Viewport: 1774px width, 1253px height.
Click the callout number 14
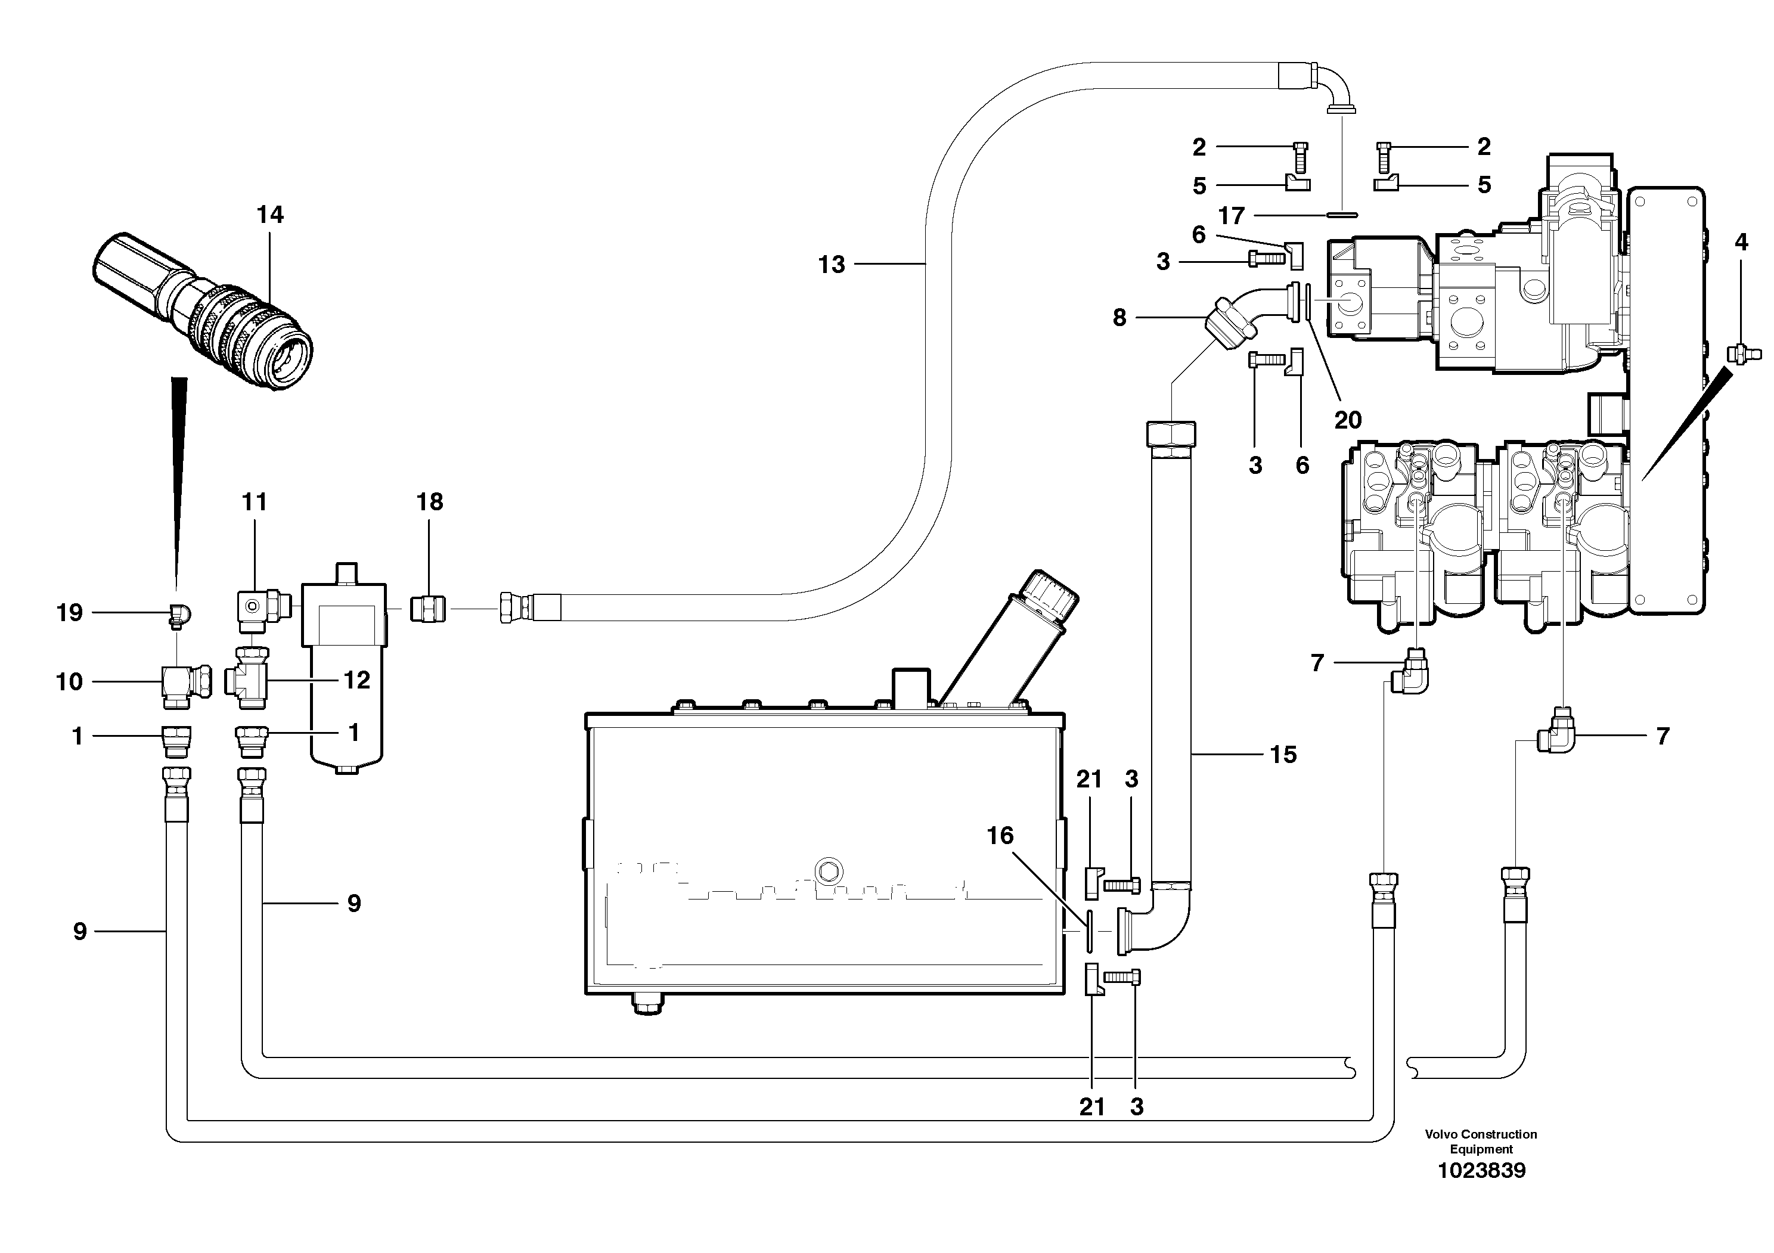tap(269, 215)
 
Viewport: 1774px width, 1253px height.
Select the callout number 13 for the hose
tap(832, 265)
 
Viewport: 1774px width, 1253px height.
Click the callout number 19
tap(70, 613)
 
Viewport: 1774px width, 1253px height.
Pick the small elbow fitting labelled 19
tap(181, 614)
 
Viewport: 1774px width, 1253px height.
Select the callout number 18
tap(430, 502)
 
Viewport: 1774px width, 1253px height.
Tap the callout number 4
tap(1741, 243)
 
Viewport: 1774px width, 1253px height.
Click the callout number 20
tap(1348, 420)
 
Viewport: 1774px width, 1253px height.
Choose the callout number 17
tap(1232, 216)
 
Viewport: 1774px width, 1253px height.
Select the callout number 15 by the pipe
tap(1283, 755)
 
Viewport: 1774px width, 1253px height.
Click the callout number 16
tap(1000, 835)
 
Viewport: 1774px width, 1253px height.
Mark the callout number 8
tap(1119, 318)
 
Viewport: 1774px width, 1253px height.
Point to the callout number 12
tap(356, 680)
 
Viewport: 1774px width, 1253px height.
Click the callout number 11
tap(254, 502)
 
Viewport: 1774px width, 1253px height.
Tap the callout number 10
tap(70, 681)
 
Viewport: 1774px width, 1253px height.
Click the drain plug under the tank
tap(647, 1004)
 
